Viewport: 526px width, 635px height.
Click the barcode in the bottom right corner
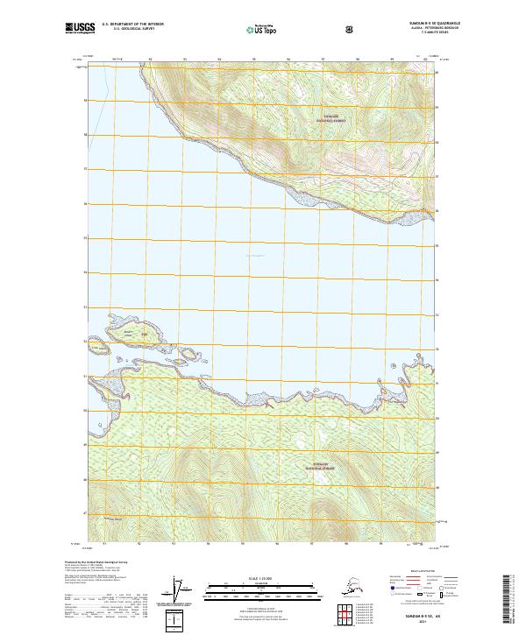[x=508, y=600]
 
